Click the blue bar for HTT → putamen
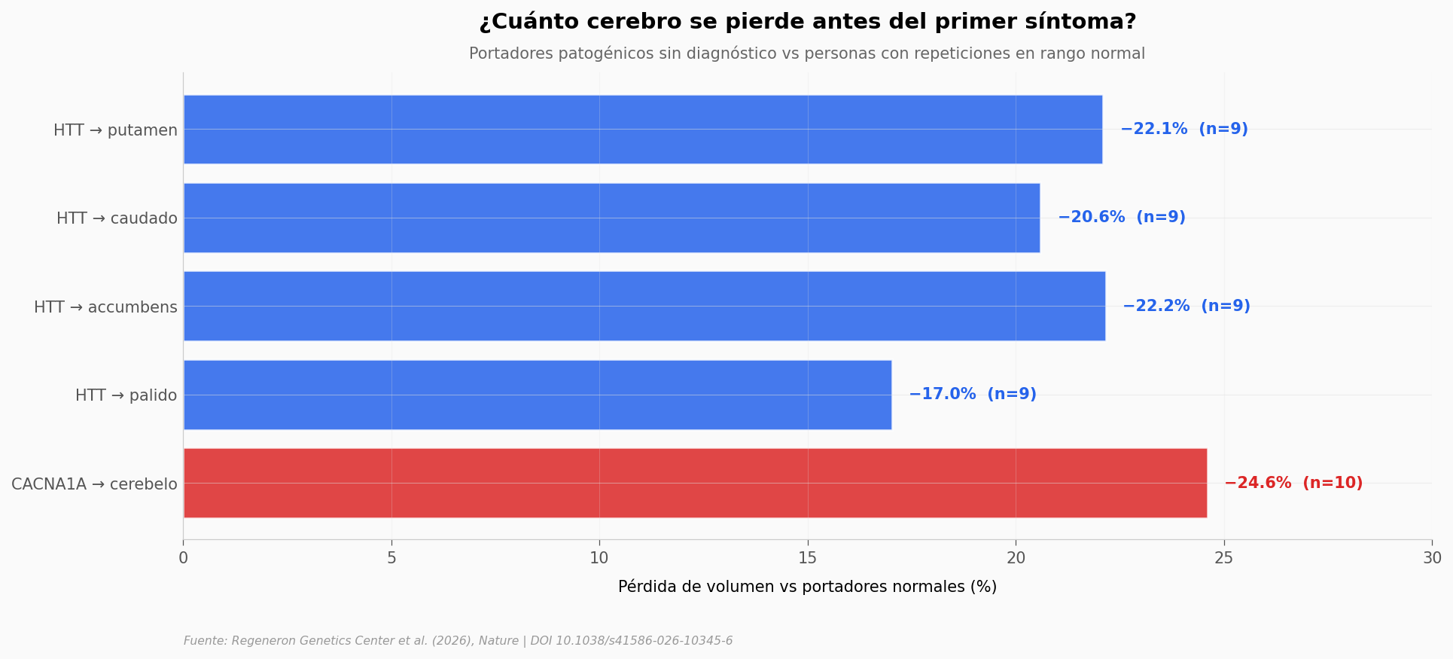[642, 130]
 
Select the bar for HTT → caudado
[611, 218]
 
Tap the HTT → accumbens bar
[644, 306]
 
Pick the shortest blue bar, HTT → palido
[537, 395]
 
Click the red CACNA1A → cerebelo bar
[694, 483]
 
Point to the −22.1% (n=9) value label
[1183, 130]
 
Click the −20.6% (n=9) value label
[1121, 218]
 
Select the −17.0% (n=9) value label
[972, 395]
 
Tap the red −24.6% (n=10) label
[1293, 484]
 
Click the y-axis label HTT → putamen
[115, 130]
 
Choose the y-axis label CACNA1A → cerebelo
[94, 484]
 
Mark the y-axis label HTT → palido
[126, 395]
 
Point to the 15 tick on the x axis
[807, 558]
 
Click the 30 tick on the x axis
[1432, 558]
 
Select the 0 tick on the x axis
[183, 558]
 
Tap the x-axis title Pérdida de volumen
[807, 587]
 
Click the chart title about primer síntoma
[807, 22]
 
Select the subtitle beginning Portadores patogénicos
[807, 54]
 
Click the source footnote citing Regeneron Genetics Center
[458, 641]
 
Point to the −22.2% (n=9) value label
[1186, 307]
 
